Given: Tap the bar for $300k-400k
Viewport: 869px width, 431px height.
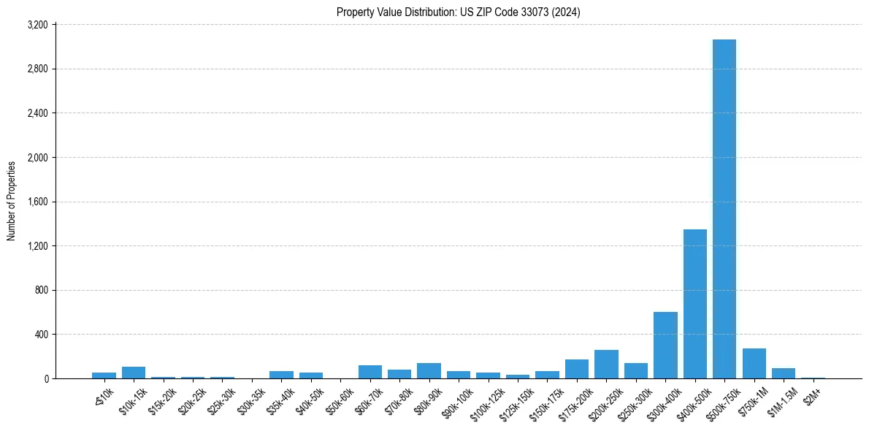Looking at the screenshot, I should point(665,345).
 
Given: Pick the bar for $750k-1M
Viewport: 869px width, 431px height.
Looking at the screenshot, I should point(754,363).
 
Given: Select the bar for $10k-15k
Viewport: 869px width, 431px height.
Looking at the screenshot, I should point(134,373).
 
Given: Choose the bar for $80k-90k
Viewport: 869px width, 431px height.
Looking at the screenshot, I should point(429,370).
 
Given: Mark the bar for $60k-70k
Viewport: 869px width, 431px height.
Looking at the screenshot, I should point(370,372).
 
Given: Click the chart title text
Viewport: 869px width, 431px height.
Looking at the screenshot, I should point(458,12).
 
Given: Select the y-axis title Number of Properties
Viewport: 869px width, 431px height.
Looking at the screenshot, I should point(12,201).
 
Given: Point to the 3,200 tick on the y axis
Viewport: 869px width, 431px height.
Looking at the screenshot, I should point(37,25).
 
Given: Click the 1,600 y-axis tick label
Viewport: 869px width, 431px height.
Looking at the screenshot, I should point(37,202).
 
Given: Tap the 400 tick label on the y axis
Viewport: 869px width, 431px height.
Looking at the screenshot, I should point(41,335).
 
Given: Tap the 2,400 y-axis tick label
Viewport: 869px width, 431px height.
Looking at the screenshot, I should point(37,113).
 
